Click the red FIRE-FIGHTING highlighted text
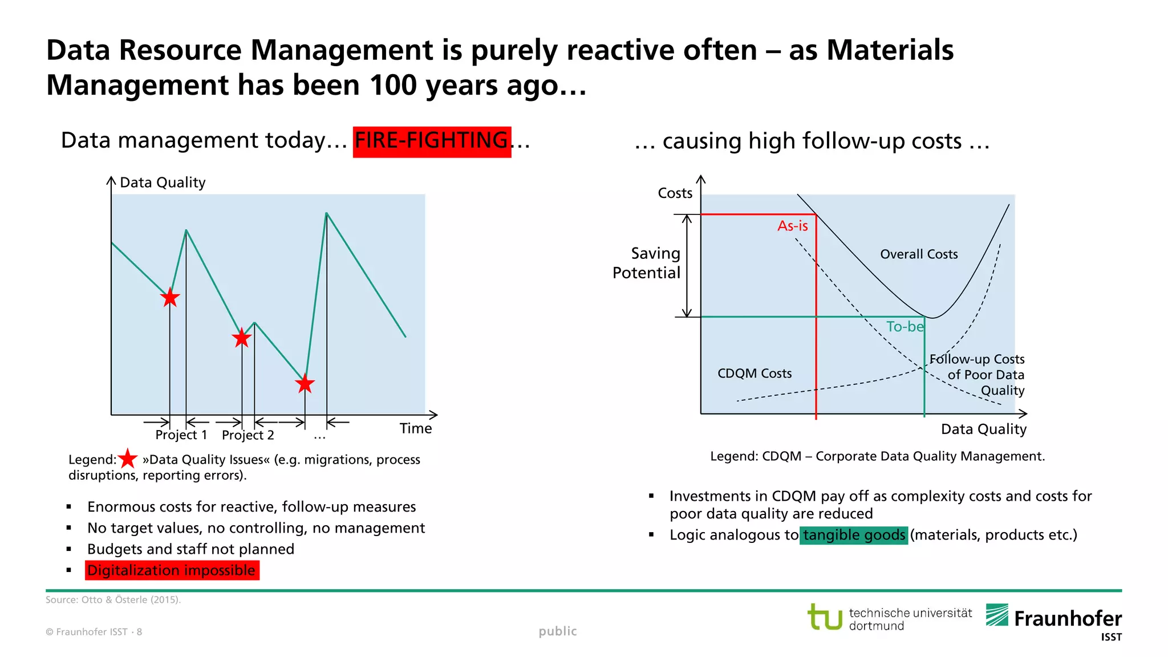pos(432,141)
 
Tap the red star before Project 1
pos(170,297)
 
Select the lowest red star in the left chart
pos(305,383)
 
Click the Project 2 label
pos(248,435)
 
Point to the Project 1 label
pos(181,435)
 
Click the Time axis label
pos(415,428)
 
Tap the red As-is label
pos(792,226)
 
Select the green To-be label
pos(904,327)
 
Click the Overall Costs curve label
pos(918,254)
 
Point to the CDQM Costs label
pos(754,374)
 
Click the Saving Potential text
pos(647,263)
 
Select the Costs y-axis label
pos(675,193)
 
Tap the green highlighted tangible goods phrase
pos(853,535)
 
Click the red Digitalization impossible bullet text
pos(172,570)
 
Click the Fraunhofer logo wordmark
pos(1067,619)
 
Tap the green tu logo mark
pos(825,617)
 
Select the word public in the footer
pos(557,631)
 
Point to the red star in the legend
pos(128,459)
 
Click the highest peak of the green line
pos(326,213)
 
